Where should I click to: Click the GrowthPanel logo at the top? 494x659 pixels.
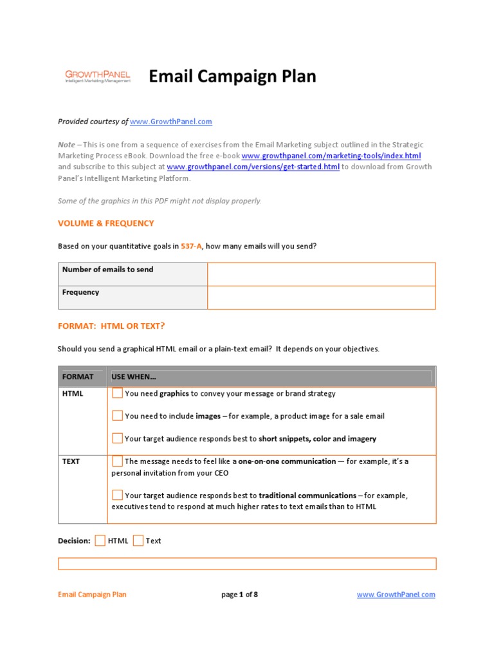97,77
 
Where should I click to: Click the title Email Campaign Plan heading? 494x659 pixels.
232,77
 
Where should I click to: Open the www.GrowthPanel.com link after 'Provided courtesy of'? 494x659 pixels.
171,122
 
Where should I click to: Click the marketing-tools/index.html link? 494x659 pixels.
331,156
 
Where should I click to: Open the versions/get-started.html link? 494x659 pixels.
253,167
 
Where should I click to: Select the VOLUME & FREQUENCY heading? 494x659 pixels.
106,223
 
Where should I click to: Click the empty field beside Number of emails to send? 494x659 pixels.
321,274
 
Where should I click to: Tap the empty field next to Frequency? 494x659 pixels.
321,297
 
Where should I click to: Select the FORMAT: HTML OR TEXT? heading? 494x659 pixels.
116,326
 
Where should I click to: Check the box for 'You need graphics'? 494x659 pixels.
117,393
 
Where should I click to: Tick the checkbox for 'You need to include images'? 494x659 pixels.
117,416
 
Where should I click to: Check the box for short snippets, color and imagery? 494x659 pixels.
117,438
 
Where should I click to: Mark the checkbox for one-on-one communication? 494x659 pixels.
117,461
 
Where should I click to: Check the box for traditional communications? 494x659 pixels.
117,495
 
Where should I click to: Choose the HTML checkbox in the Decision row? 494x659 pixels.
100,541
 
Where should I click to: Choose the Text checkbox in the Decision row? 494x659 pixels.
138,541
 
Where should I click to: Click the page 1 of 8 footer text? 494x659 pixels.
239,595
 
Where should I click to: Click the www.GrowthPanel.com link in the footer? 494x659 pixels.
396,595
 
